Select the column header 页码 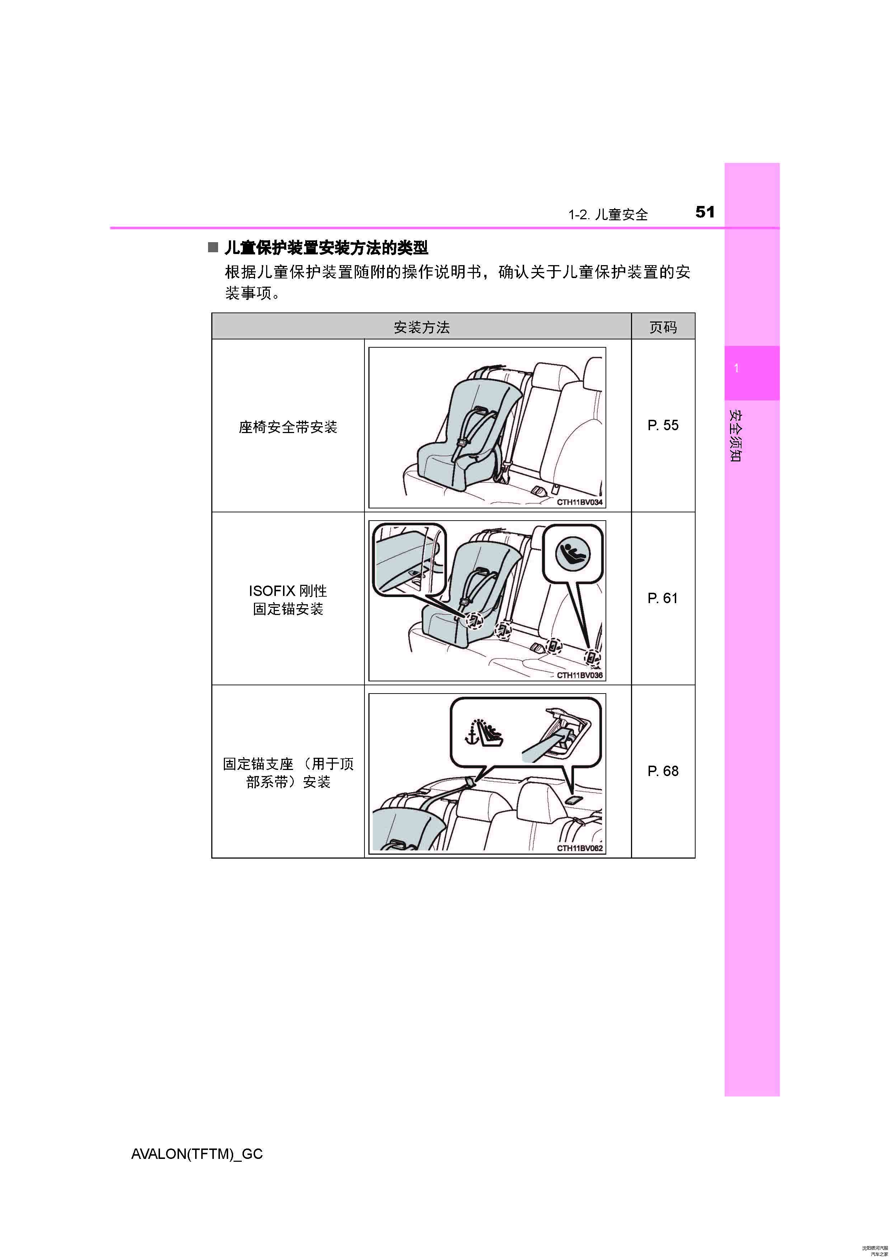point(663,327)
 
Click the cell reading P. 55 point(663,425)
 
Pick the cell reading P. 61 point(663,598)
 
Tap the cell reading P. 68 point(663,771)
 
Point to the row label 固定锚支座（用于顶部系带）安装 point(288,772)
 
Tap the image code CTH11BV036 point(580,675)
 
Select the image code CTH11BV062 point(580,848)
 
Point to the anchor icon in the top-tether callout point(471,738)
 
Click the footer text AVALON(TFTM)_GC point(197,1154)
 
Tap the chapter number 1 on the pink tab point(736,368)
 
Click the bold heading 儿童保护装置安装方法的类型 point(326,248)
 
